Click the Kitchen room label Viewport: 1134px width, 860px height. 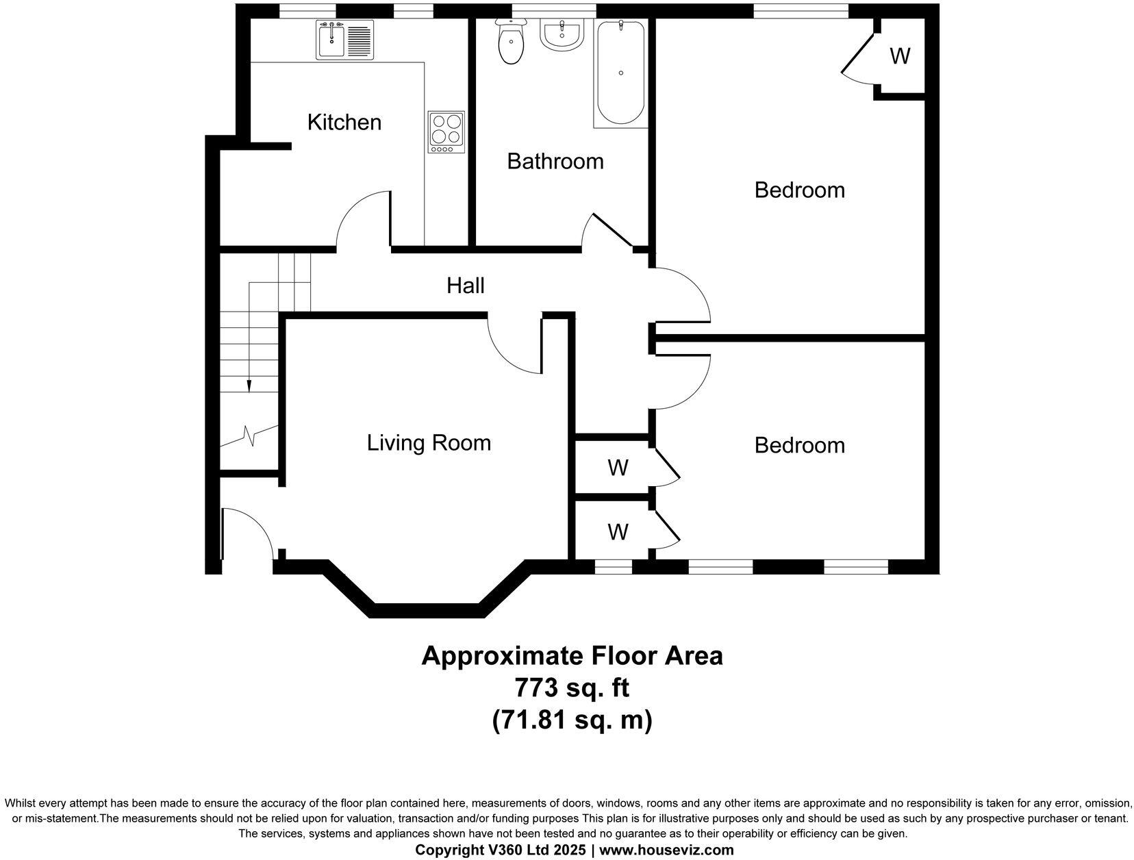click(x=344, y=123)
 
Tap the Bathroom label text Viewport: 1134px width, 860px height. click(x=555, y=162)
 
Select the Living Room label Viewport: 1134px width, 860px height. click(x=429, y=443)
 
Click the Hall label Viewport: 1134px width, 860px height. click(x=466, y=286)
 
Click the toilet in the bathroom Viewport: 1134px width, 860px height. click(x=510, y=43)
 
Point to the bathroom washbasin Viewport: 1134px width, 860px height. click(x=562, y=34)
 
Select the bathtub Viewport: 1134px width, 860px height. click(x=620, y=73)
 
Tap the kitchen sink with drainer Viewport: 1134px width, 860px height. click(x=345, y=40)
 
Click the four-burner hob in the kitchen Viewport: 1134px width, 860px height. click(x=446, y=131)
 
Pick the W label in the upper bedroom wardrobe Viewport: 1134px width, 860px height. click(x=900, y=56)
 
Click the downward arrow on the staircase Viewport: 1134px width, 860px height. click(x=249, y=385)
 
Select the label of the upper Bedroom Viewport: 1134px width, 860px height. click(x=799, y=190)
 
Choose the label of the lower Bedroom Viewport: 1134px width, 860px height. click(x=799, y=446)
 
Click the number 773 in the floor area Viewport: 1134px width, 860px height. click(x=537, y=687)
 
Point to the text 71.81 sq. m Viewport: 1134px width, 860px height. click(x=572, y=720)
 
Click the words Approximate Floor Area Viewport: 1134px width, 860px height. click(x=572, y=655)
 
